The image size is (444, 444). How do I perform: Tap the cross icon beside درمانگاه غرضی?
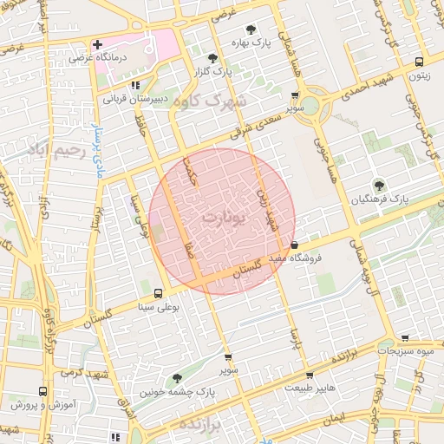pyautogui.click(x=97, y=44)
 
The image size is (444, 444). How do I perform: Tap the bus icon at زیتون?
pyautogui.click(x=419, y=62)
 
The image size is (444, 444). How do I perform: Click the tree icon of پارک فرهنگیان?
pyautogui.click(x=378, y=184)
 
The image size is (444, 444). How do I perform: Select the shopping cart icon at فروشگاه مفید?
pyautogui.click(x=295, y=245)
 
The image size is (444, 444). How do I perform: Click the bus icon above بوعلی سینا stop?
pyautogui.click(x=157, y=293)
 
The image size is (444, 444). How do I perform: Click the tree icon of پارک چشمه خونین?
pyautogui.click(x=177, y=378)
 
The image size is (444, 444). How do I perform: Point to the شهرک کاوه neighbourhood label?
pyautogui.click(x=209, y=101)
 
